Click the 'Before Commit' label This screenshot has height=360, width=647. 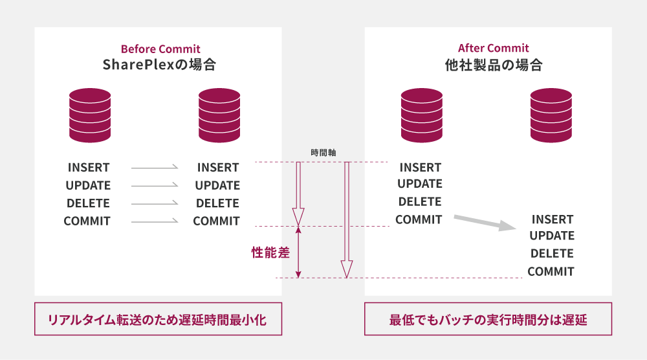pos(160,49)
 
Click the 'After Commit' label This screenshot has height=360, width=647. pos(493,49)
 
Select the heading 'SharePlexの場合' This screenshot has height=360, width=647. pos(159,65)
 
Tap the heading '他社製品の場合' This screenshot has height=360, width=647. pos(493,65)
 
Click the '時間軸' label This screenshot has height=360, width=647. pos(323,153)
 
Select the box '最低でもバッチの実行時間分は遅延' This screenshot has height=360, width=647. pos(488,319)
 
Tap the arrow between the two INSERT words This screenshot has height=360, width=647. pos(154,168)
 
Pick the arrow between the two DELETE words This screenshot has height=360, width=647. pos(154,203)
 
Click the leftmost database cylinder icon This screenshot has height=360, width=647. pos(90,115)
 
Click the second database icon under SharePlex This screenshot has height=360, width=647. pos(219,115)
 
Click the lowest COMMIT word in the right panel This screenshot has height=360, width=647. pos(551,271)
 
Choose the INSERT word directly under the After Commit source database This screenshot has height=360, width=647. pos(421,168)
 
